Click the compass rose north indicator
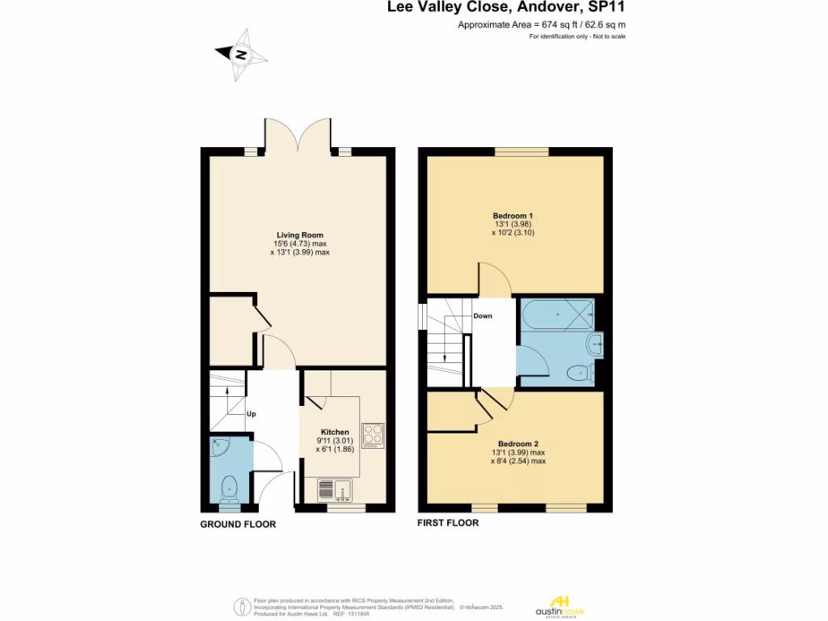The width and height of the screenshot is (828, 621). click(x=240, y=55)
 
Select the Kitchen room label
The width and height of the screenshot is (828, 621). click(x=335, y=432)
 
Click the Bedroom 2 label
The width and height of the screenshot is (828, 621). click(x=518, y=444)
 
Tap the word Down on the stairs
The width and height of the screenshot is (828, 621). click(x=483, y=316)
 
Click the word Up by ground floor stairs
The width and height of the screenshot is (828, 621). click(x=251, y=414)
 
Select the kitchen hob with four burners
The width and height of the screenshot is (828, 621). click(x=373, y=434)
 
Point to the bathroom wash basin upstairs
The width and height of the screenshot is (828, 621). click(x=597, y=345)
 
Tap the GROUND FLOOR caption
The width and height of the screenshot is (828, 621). click(x=238, y=525)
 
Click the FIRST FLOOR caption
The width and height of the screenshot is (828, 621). click(x=448, y=523)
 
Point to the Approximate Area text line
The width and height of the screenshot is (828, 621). click(x=542, y=26)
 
